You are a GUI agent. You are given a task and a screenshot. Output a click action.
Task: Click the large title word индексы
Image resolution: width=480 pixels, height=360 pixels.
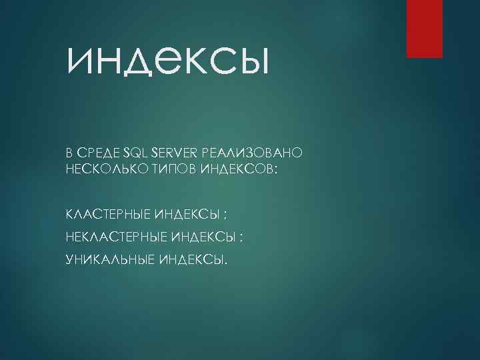pyautogui.click(x=167, y=63)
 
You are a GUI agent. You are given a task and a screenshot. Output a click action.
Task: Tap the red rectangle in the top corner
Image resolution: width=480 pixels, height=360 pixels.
pyautogui.click(x=425, y=29)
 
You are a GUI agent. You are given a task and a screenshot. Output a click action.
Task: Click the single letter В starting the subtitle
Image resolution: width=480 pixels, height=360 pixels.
pyautogui.click(x=69, y=153)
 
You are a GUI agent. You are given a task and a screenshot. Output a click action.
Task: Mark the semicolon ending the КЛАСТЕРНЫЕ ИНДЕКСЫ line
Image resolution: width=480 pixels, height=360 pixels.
pyautogui.click(x=226, y=216)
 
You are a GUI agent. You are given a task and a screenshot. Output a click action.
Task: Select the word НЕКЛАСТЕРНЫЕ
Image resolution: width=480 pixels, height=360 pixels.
pyautogui.click(x=117, y=237)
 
